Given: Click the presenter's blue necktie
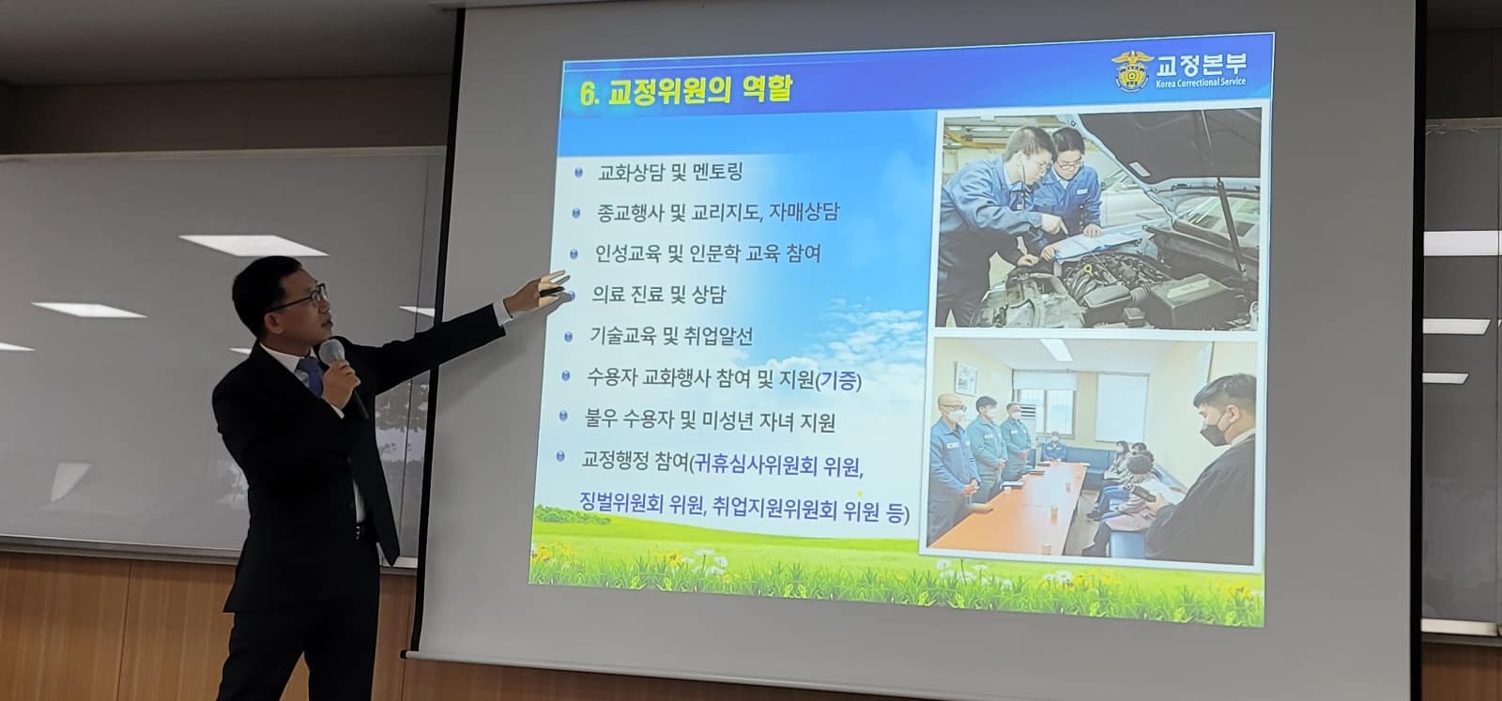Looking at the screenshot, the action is pyautogui.click(x=311, y=375).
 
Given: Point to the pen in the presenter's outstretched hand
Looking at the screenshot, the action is pyautogui.click(x=551, y=292).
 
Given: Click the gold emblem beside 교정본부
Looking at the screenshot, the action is pyautogui.click(x=1131, y=70).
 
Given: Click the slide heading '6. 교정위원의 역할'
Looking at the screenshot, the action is pyautogui.click(x=685, y=91).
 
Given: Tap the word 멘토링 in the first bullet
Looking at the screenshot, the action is pyautogui.click(x=717, y=172).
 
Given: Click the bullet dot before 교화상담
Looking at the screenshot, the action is pyautogui.click(x=578, y=173).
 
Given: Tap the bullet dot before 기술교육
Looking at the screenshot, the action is pyautogui.click(x=569, y=337).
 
